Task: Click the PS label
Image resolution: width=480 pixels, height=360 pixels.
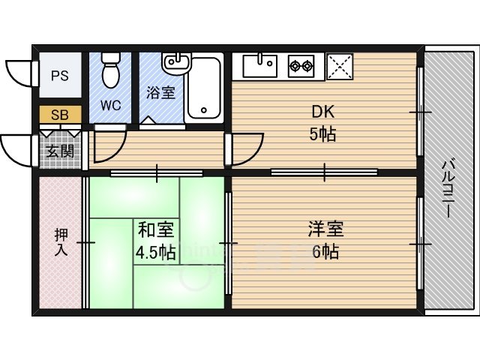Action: [x=60, y=76]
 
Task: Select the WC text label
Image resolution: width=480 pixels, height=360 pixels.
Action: [x=111, y=106]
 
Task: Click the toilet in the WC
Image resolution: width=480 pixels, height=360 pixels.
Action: [x=111, y=69]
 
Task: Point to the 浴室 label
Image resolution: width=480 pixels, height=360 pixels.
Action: [x=160, y=94]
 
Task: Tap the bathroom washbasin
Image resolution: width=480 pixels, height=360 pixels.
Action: [x=175, y=61]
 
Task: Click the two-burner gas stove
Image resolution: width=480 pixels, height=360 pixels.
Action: [x=301, y=65]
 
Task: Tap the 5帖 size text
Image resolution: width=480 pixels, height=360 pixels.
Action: [x=323, y=135]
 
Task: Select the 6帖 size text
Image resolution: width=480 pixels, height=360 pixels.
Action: [x=324, y=251]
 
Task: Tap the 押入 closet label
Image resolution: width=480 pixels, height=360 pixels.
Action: [x=61, y=241]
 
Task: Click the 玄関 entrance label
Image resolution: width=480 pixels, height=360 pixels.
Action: [x=60, y=151]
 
